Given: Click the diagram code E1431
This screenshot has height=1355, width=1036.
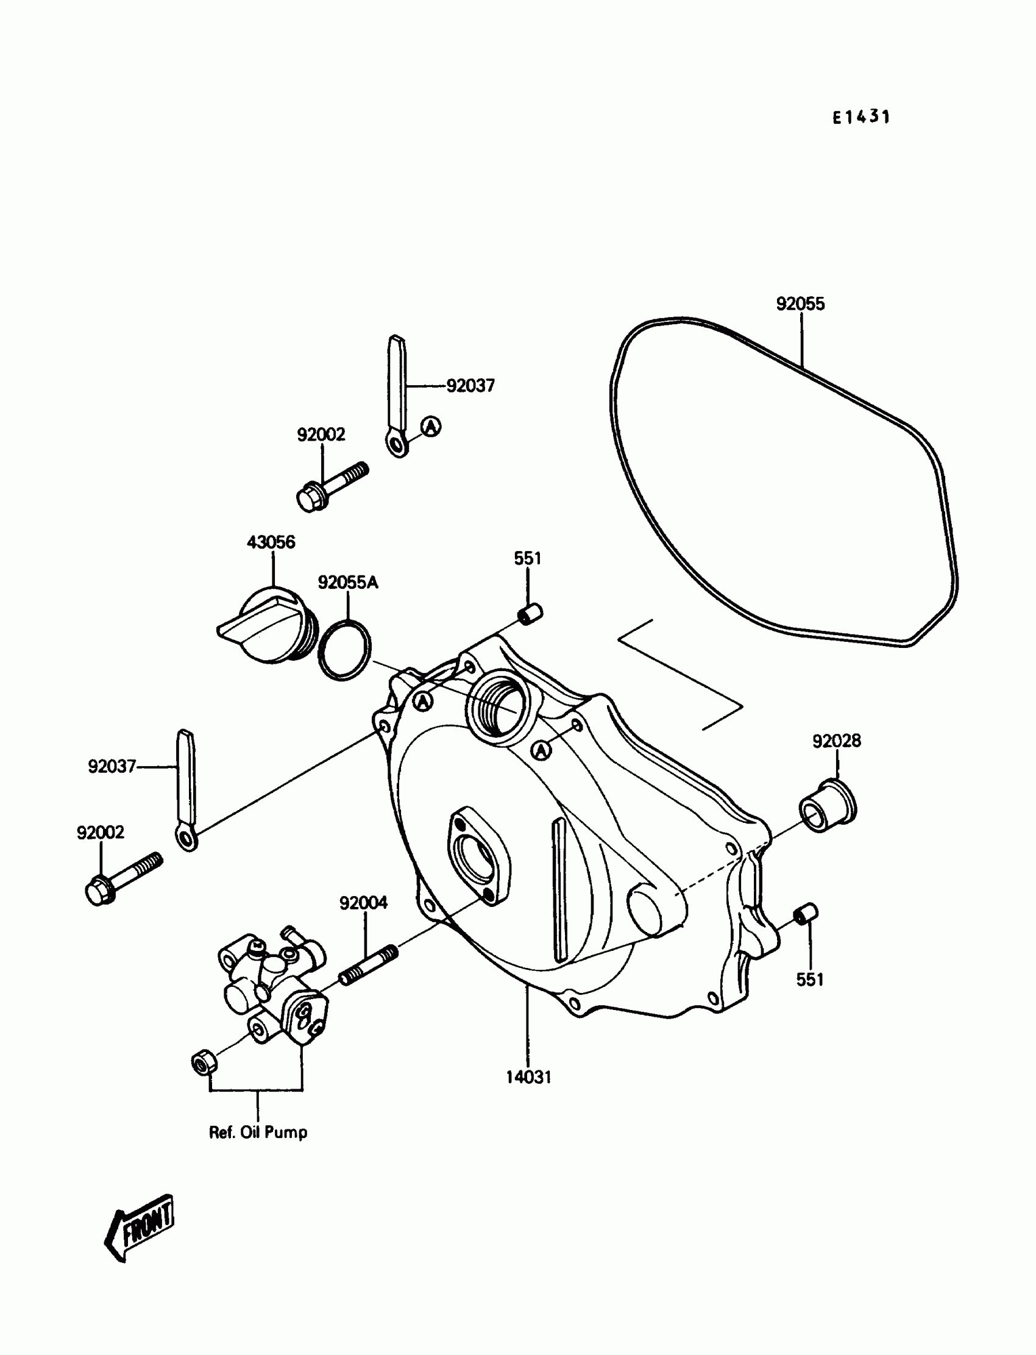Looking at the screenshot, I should tap(861, 117).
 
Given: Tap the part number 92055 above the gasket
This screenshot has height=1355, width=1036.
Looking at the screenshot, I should tap(800, 304).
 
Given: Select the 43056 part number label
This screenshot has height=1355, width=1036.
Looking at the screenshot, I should tap(271, 542).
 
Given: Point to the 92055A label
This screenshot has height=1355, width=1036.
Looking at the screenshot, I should tap(348, 582).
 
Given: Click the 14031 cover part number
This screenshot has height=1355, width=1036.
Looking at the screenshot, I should tap(528, 1078).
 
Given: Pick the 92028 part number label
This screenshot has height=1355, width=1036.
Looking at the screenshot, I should tap(836, 741).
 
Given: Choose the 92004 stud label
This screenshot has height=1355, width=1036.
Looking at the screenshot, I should tap(363, 903).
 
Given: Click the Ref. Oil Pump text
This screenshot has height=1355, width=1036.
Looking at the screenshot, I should tap(258, 1133).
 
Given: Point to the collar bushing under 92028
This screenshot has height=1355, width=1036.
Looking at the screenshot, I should tap(828, 806).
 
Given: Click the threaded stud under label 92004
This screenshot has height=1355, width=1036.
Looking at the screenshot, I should tap(369, 966).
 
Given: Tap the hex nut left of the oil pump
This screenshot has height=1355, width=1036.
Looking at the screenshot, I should tap(203, 1064).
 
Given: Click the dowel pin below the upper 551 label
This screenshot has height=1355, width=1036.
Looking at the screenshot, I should tap(529, 614).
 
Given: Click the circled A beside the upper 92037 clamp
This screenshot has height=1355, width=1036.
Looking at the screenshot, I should tap(431, 426).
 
